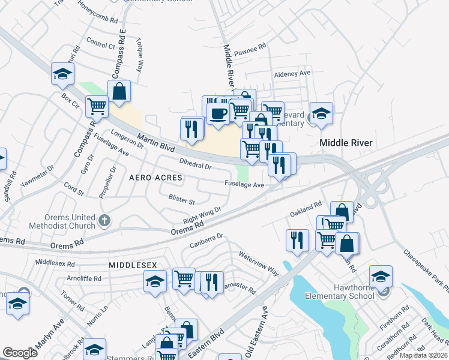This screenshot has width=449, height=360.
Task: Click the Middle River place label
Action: [x=346, y=143]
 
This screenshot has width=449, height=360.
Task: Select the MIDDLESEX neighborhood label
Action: [x=133, y=265]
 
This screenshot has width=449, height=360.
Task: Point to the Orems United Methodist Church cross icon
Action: [x=105, y=221]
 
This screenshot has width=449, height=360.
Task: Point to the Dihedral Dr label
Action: [x=196, y=164]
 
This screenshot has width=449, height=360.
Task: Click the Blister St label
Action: [x=182, y=199]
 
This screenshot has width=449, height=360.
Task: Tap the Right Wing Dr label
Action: [x=202, y=215]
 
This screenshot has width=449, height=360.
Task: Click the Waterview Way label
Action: [x=259, y=263]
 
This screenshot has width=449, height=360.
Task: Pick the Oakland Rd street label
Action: [x=306, y=209]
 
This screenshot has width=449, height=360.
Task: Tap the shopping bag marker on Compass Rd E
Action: [x=120, y=92]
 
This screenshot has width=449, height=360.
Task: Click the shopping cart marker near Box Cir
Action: [x=96, y=106]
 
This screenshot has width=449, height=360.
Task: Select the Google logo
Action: [x=20, y=353]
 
